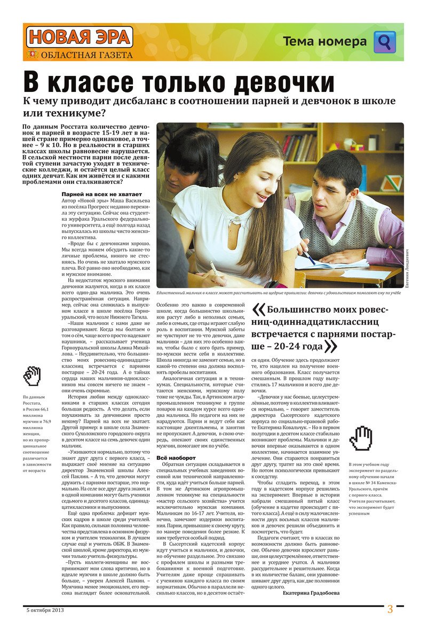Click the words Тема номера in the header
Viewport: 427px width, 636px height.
(x=325, y=42)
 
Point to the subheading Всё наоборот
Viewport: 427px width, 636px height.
(x=176, y=458)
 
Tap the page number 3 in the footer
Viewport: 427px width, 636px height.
(x=390, y=609)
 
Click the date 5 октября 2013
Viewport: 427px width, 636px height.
(x=45, y=610)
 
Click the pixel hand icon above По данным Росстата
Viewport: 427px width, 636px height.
(x=32, y=376)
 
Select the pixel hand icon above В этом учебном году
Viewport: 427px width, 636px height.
(x=360, y=438)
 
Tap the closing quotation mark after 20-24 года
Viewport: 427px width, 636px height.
(x=331, y=346)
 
